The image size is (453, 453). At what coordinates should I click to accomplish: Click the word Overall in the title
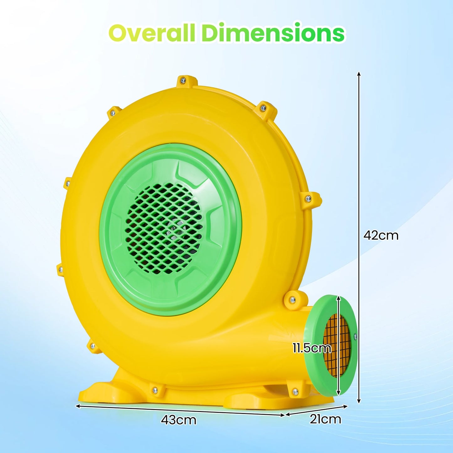152,33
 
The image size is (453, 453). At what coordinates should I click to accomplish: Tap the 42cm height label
381,235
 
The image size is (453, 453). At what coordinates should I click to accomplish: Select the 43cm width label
178,420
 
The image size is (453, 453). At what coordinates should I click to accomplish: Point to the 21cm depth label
325,419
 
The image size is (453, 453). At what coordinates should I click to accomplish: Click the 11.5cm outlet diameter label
312,348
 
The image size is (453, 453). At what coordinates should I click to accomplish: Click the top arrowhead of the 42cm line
359,74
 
